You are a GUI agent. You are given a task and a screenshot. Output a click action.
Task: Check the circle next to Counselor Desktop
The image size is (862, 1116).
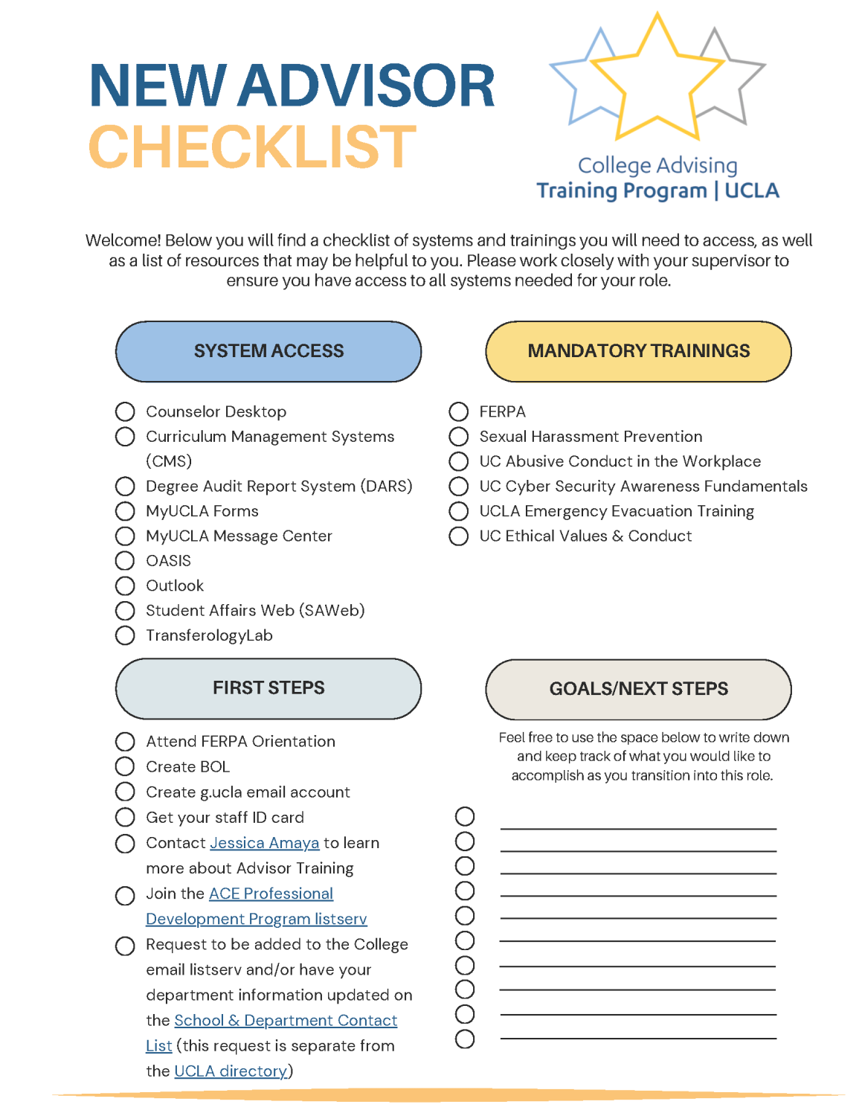[125, 411]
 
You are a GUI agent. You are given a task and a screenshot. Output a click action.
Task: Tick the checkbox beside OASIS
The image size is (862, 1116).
[125, 561]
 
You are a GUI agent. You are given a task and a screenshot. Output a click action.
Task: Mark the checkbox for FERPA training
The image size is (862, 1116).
[459, 411]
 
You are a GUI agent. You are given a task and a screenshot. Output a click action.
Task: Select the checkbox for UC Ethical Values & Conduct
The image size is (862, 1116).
[459, 536]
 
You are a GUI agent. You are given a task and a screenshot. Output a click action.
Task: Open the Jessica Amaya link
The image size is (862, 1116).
[264, 843]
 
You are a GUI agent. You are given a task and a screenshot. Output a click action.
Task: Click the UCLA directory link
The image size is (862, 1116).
[231, 1071]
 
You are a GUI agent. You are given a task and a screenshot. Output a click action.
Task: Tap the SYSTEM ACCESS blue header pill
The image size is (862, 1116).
[268, 351]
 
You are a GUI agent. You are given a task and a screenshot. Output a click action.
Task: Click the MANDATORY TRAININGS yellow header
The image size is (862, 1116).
[638, 351]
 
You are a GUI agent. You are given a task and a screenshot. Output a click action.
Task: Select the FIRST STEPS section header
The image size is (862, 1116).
[268, 688]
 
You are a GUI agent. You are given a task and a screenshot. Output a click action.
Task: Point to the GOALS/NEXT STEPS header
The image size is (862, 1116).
[638, 689]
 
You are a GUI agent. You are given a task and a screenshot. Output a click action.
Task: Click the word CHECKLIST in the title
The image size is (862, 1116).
[252, 147]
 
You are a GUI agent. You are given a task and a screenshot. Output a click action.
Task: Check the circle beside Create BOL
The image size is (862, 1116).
[125, 766]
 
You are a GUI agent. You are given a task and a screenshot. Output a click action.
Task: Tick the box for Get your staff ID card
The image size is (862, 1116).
[125, 818]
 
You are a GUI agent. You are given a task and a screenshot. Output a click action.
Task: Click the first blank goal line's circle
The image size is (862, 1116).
[465, 817]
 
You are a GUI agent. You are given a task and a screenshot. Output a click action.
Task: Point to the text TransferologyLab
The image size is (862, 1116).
[209, 636]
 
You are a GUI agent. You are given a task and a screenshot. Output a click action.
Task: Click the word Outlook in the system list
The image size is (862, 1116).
[175, 586]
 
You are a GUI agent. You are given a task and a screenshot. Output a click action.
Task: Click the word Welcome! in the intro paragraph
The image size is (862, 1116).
[123, 240]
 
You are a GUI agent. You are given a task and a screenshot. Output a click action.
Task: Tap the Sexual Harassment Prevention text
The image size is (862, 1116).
[591, 437]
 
